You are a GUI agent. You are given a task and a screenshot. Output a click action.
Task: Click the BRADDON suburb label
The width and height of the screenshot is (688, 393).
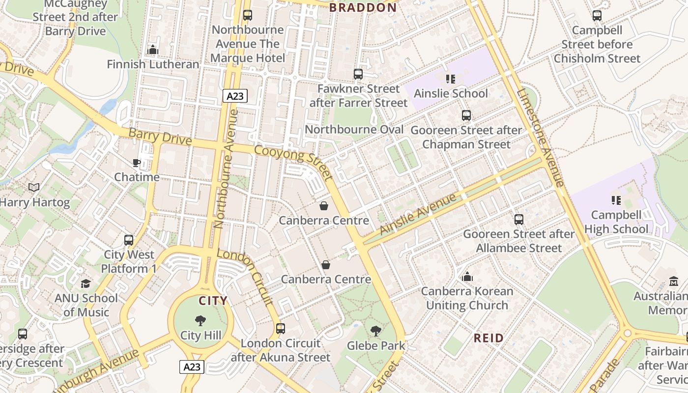pos(363,7)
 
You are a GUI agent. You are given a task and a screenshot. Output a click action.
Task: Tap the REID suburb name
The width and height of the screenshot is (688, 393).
pos(488,338)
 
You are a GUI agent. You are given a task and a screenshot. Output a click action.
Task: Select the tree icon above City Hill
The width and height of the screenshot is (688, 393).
pos(201,321)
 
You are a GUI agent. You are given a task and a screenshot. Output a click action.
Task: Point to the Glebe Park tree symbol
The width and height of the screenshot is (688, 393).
pos(376,331)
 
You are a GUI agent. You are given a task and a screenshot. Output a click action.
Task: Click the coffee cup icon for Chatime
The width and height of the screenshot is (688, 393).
pos(137,163)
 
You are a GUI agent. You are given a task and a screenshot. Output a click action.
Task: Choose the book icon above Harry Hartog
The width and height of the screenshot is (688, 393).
pos(34,188)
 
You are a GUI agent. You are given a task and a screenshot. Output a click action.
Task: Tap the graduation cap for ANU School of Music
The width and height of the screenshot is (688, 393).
pos(86,283)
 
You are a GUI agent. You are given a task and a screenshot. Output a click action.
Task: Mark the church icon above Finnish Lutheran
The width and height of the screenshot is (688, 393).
pos(153,50)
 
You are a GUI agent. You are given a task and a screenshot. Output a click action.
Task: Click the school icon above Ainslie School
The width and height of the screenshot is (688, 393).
pos(451,79)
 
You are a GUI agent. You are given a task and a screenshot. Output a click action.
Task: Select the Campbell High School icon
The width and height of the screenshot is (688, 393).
pos(616,200)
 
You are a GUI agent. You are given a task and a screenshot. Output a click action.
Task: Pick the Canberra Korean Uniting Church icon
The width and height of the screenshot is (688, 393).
pos(467,277)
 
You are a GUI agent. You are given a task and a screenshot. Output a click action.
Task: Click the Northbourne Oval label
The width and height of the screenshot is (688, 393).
pos(354,129)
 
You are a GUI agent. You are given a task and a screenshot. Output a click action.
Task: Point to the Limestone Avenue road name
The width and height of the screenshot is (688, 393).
pos(540,138)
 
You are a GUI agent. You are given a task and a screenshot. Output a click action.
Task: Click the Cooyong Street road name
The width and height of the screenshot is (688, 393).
pos(294,162)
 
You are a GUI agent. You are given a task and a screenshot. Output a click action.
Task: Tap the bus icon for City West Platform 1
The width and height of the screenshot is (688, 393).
pos(129,240)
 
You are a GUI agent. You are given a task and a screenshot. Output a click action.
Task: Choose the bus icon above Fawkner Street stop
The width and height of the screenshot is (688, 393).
pos(358,74)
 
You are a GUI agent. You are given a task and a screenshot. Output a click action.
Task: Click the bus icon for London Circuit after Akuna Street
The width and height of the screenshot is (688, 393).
pos(281,329)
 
